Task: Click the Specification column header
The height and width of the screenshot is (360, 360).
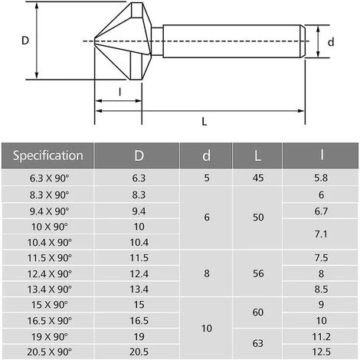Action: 48,155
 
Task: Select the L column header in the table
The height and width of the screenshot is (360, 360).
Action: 257,155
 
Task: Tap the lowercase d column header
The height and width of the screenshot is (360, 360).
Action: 206,155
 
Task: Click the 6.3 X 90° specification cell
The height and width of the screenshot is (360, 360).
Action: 49,178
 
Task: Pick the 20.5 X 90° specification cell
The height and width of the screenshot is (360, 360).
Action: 49,352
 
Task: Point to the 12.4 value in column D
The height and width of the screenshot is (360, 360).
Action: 139,273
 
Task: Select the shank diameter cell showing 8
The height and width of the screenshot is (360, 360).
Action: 207,273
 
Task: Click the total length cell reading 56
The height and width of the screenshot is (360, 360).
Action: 258,273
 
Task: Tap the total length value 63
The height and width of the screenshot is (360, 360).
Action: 258,343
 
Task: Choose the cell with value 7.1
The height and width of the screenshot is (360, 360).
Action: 321,234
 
